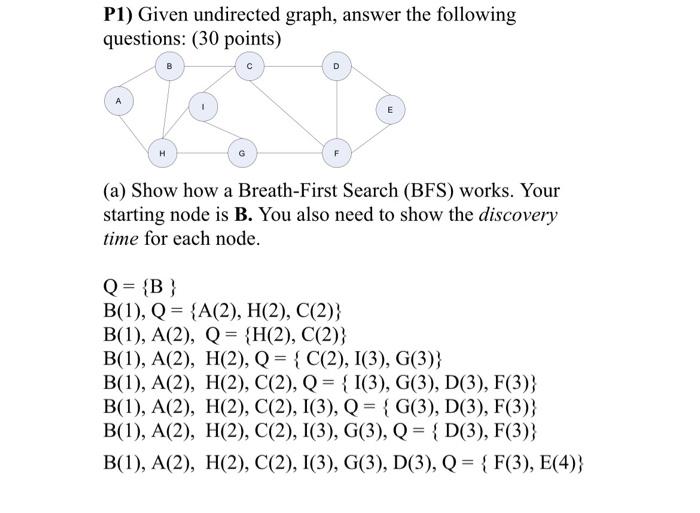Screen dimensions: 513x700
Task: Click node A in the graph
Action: [x=118, y=102]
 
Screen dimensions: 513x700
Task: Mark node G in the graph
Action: [x=241, y=153]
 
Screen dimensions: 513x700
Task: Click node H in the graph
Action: [x=162, y=153]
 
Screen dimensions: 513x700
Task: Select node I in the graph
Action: [x=203, y=106]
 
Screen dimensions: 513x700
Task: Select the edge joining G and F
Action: [x=290, y=153]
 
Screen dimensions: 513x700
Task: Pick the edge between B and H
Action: [x=166, y=112]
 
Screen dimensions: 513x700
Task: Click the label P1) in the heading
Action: [x=121, y=15]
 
